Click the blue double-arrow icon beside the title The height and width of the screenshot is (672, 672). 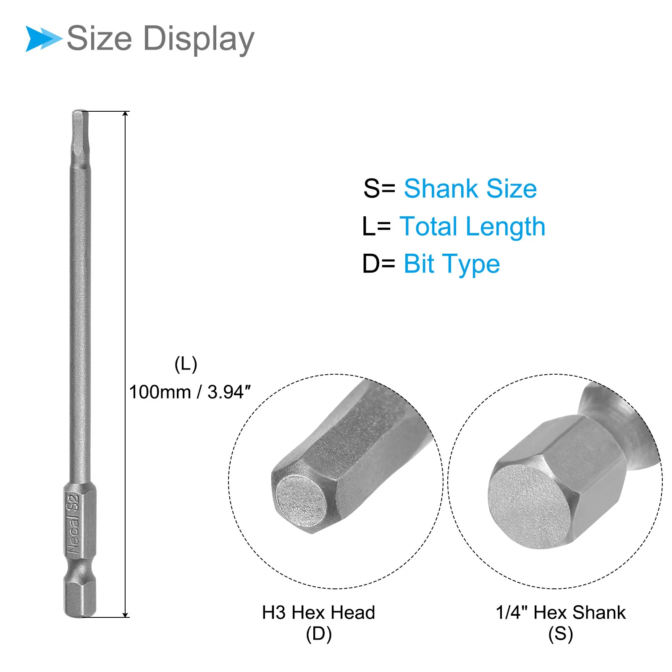tap(44, 39)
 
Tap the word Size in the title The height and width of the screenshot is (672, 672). tap(100, 38)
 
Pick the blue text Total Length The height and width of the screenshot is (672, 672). tap(472, 227)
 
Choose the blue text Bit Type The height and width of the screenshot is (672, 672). tap(451, 265)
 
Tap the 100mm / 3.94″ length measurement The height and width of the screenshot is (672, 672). tap(189, 392)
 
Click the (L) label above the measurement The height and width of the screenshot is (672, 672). tap(186, 364)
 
